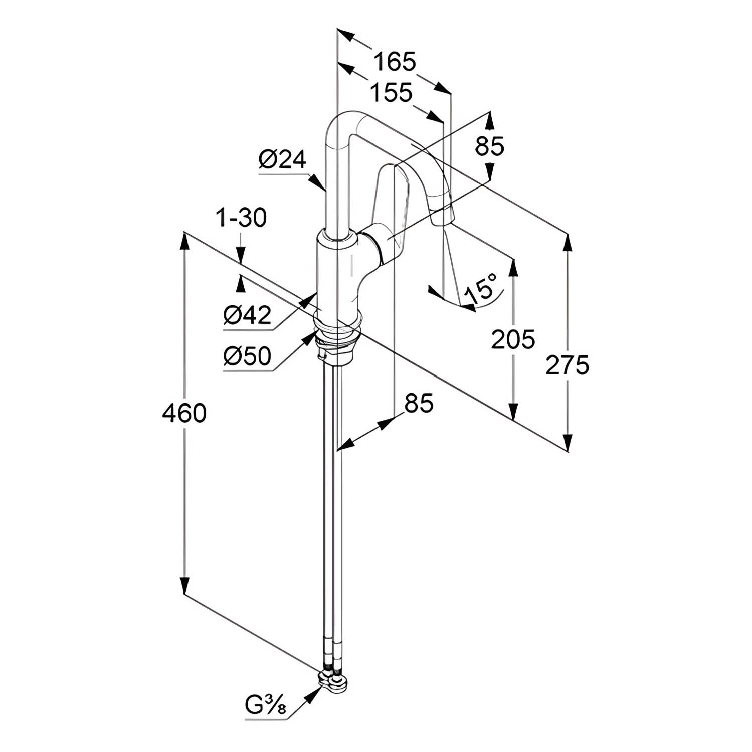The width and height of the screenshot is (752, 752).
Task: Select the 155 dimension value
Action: click(391, 93)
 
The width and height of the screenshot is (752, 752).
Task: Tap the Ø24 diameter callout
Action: click(282, 160)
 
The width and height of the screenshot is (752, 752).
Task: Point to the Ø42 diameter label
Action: click(247, 315)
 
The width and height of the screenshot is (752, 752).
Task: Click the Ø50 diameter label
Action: click(247, 356)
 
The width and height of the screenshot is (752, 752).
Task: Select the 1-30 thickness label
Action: click(241, 219)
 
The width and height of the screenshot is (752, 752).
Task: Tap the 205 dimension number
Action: click(513, 340)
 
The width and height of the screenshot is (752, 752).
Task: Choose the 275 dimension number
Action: click(567, 365)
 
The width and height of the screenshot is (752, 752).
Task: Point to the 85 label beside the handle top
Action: click(489, 147)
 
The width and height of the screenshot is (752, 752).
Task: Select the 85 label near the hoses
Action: click(419, 403)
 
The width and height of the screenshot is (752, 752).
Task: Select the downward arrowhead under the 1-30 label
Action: click(241, 256)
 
